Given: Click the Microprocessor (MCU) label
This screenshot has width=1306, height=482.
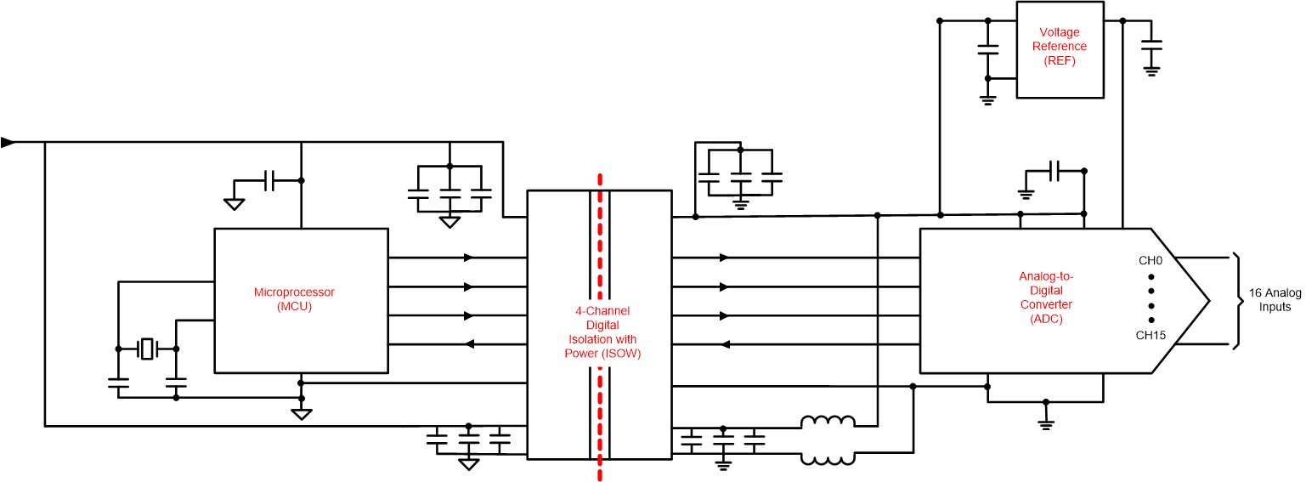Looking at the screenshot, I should coord(294,299).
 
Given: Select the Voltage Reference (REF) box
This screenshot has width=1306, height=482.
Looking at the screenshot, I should coord(1060,49).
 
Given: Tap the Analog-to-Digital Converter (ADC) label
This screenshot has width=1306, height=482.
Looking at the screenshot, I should coord(1046,298).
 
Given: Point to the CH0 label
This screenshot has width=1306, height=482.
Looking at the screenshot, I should coord(1151,260).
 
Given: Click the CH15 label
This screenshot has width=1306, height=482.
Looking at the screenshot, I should coord(1151,335).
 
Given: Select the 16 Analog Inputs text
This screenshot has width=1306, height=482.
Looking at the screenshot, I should coord(1275,299).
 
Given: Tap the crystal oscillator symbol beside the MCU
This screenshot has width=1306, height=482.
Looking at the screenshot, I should coord(148,349).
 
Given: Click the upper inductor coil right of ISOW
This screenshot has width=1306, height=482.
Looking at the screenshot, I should coord(828,422).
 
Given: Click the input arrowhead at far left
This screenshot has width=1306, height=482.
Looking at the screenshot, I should coord(8,142).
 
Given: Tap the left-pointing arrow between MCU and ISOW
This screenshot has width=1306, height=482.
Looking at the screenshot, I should coord(467,344).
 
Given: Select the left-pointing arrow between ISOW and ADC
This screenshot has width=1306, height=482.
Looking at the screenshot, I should coord(723,344).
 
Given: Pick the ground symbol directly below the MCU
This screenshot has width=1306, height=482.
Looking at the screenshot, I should coord(301,414).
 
